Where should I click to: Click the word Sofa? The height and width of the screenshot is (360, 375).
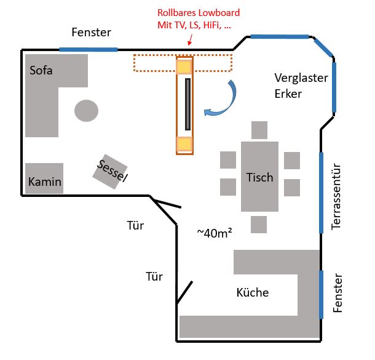tap(41, 70)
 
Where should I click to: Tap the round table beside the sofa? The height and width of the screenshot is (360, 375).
tap(86, 111)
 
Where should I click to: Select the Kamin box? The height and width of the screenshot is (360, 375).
tap(44, 178)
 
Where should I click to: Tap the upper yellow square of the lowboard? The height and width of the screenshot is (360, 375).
tap(184, 66)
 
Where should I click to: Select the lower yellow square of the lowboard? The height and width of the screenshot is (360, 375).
tap(184, 144)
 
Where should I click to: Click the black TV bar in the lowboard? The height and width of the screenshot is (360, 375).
tap(188, 105)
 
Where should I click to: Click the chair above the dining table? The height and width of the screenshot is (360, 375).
tap(259, 130)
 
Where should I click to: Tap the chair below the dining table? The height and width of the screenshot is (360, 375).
tap(259, 224)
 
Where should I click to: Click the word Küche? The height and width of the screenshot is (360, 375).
tap(253, 292)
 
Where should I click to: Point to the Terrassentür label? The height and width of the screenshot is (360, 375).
tap(336, 198)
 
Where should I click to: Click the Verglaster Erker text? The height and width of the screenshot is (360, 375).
tap(301, 86)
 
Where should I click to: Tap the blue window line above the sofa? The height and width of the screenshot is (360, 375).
tap(88, 49)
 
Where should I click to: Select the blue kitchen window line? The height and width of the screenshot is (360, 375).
tap(321, 294)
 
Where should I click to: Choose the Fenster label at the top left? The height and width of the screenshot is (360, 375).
tap(90, 32)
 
